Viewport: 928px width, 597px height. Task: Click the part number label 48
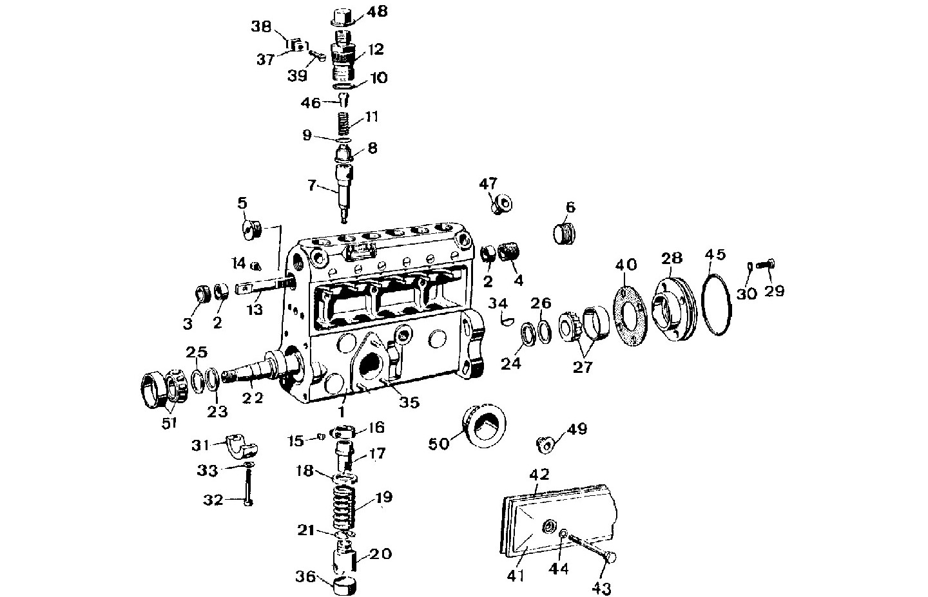point(379,12)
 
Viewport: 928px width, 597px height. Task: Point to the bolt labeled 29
point(766,263)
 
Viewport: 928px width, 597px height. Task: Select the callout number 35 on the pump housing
point(409,403)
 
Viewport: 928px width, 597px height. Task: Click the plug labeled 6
point(565,232)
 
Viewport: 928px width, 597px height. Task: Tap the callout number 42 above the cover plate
point(539,475)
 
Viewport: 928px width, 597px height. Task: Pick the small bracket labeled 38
point(295,46)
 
